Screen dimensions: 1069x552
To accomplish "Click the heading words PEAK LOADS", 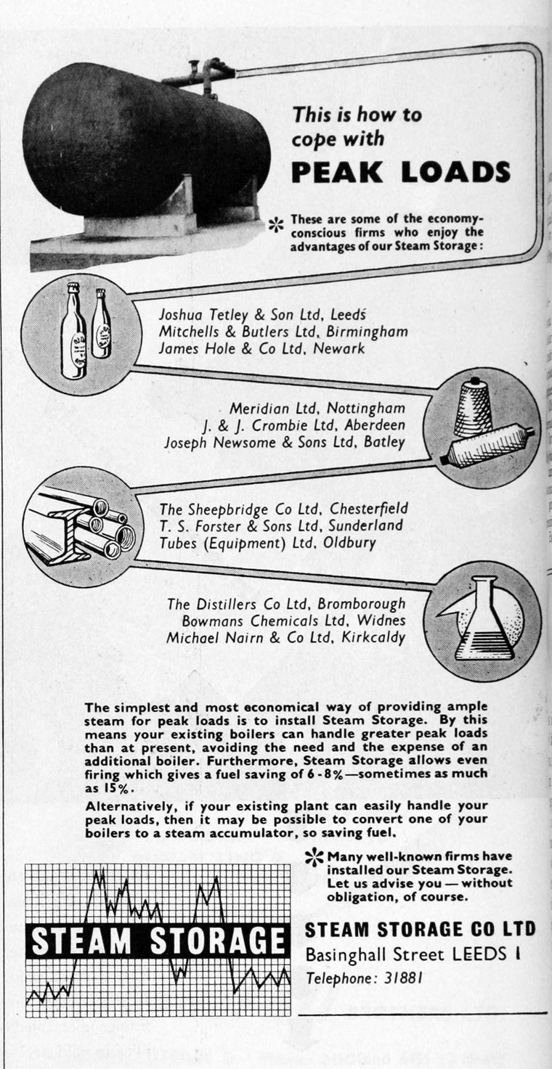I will pos(400,172).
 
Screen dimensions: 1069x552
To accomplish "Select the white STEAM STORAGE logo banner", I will pos(157,941).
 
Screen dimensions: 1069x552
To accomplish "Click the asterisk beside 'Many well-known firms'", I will pos(314,858).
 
